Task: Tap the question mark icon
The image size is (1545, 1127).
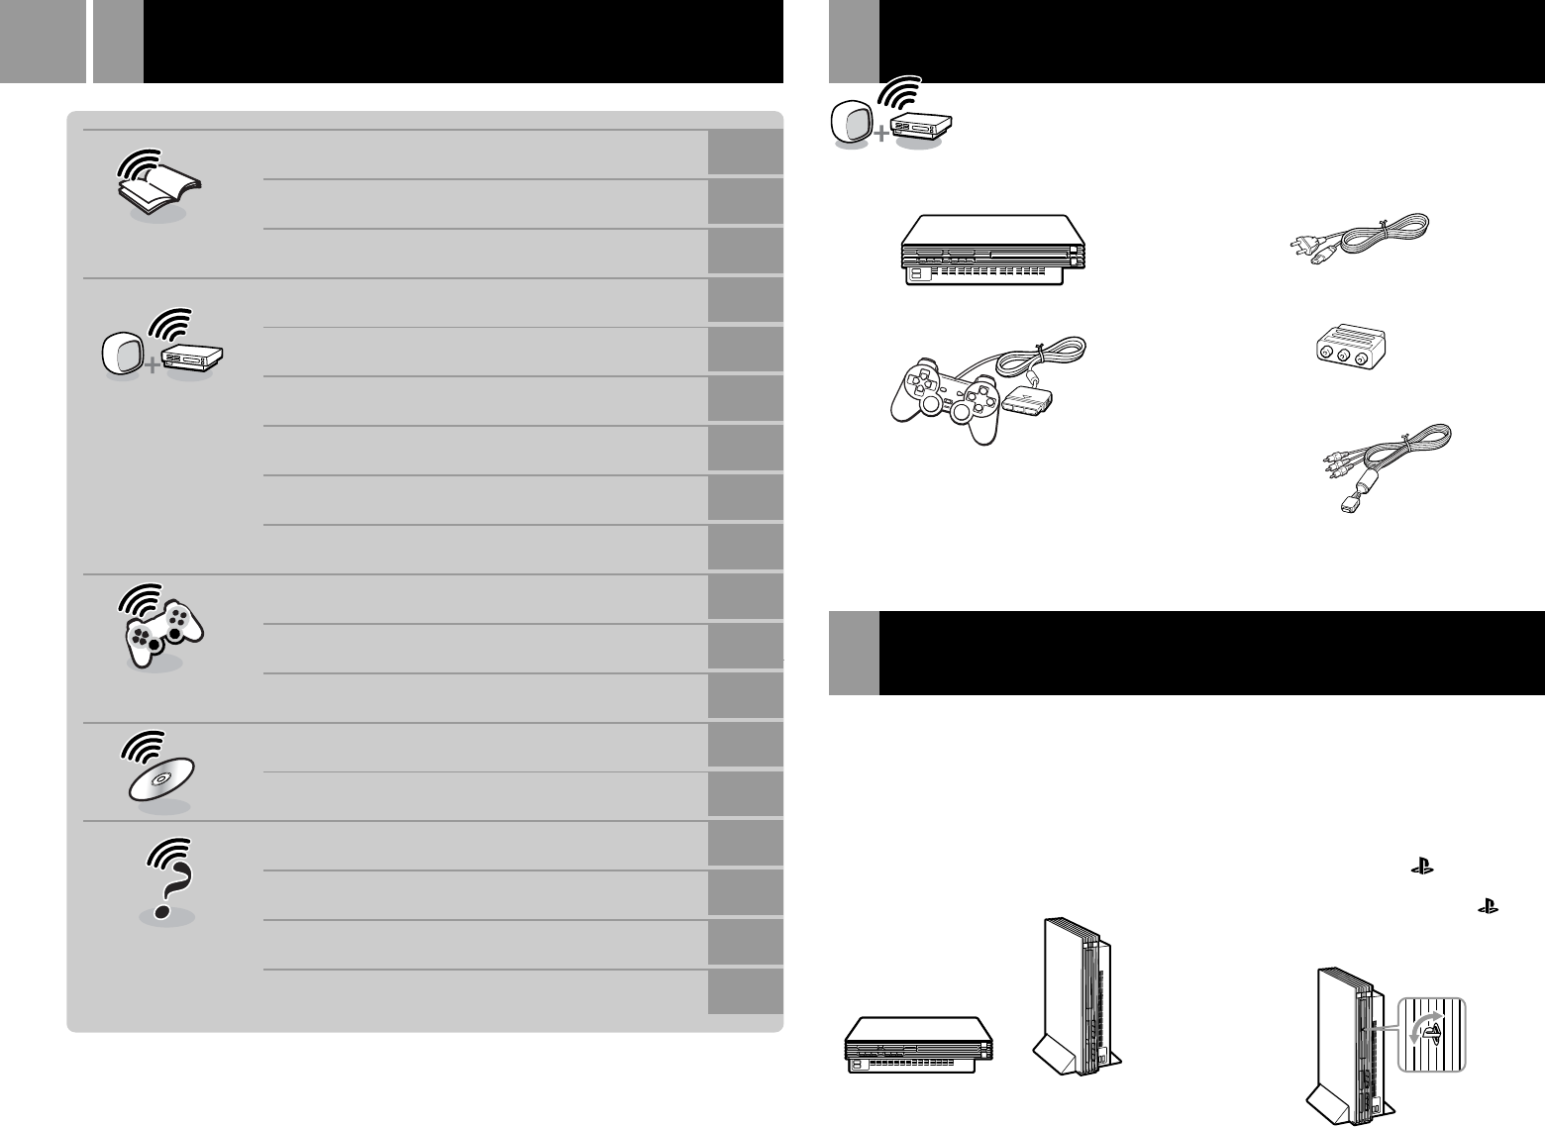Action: tap(166, 877)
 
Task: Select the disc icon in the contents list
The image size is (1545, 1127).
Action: tap(160, 776)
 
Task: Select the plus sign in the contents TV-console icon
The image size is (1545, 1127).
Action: tap(150, 368)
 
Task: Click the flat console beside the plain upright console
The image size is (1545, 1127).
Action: tap(918, 1044)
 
